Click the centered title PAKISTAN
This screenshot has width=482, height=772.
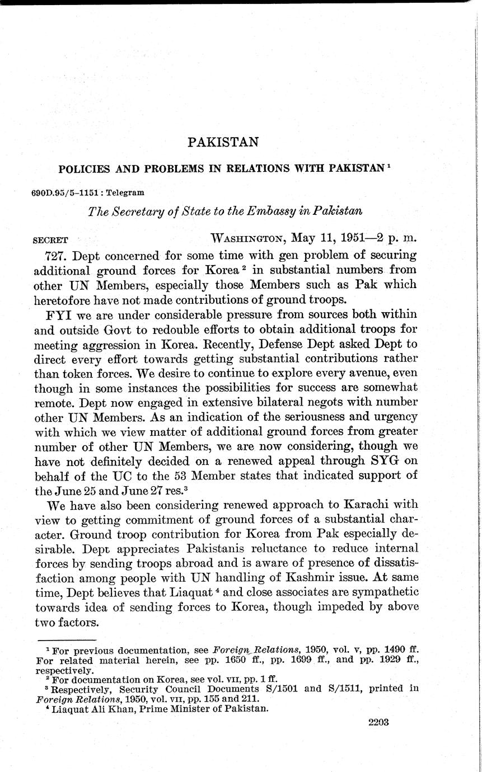[223, 142]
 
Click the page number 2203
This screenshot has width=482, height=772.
[378, 722]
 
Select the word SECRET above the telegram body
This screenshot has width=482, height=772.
[51, 241]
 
